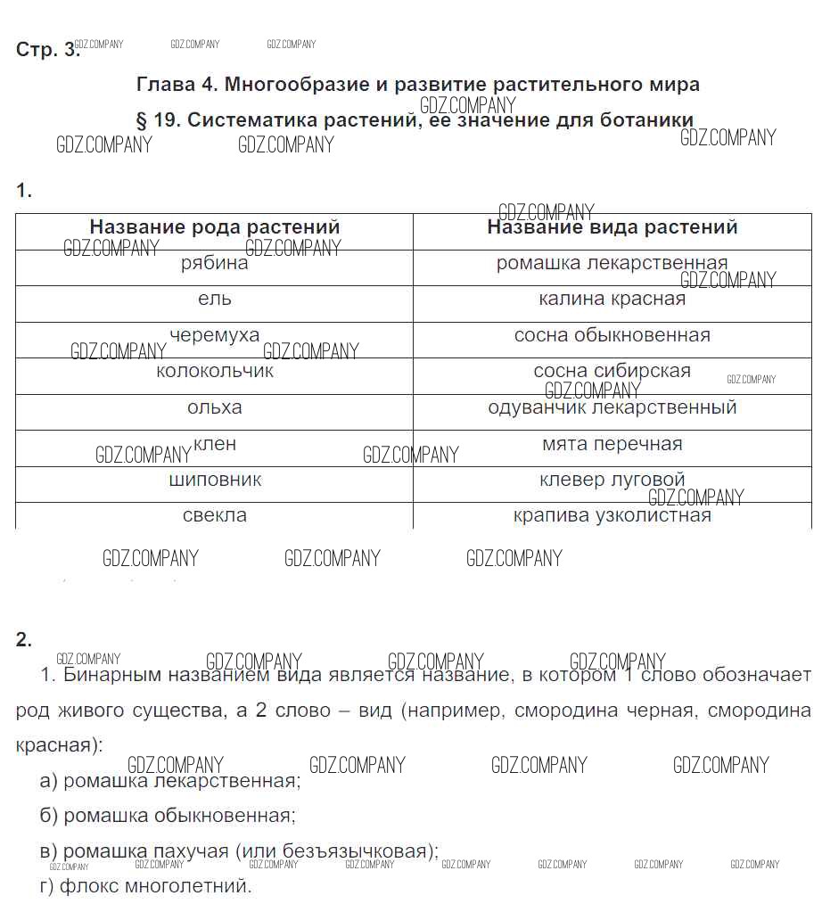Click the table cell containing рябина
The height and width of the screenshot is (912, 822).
[x=214, y=263]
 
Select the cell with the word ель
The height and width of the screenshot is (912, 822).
[x=214, y=300]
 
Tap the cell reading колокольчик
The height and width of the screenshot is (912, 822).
[x=214, y=372]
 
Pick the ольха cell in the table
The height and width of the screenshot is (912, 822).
[x=214, y=408]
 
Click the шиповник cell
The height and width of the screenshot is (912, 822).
[x=214, y=481]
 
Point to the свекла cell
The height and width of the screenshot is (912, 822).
[x=214, y=516]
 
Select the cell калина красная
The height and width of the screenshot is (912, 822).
[x=612, y=300]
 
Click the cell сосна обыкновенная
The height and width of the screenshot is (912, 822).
[x=612, y=336]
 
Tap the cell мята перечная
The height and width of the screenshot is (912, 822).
[x=612, y=444]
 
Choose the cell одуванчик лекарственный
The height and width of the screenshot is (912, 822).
[x=612, y=408]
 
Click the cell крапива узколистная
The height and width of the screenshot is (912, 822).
[x=612, y=516]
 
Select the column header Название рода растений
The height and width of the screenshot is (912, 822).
[x=214, y=227]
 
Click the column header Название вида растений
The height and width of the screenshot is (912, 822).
[x=612, y=227]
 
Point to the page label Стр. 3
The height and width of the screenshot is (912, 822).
[x=47, y=50]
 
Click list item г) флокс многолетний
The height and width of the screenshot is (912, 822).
[x=146, y=887]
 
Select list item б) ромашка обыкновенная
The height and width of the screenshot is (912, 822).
[x=168, y=816]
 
